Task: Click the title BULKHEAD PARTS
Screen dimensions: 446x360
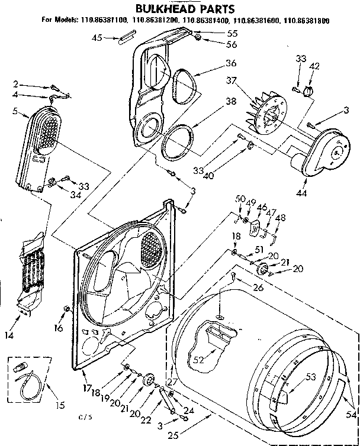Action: (177, 9)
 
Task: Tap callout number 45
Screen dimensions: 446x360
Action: (97, 38)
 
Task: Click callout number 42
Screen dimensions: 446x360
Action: (314, 66)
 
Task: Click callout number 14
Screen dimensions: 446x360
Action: (9, 335)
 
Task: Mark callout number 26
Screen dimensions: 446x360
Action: (258, 288)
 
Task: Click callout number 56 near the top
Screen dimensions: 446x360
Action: (214, 45)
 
